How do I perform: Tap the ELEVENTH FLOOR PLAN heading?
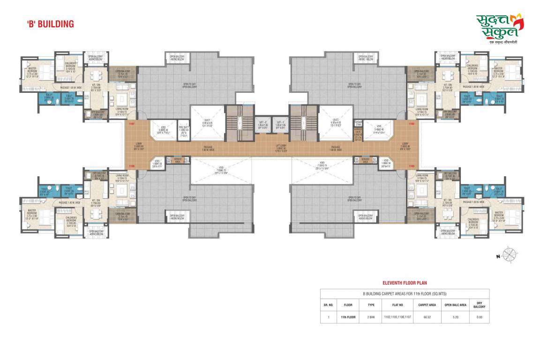405,283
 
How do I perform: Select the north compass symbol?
508,255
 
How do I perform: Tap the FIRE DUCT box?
183,128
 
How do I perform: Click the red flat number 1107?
132,124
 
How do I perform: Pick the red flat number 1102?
412,124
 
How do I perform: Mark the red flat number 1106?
132,165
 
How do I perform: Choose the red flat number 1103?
412,165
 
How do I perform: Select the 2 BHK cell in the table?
371,317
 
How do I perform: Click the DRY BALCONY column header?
479,304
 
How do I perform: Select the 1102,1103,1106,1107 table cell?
397,317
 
